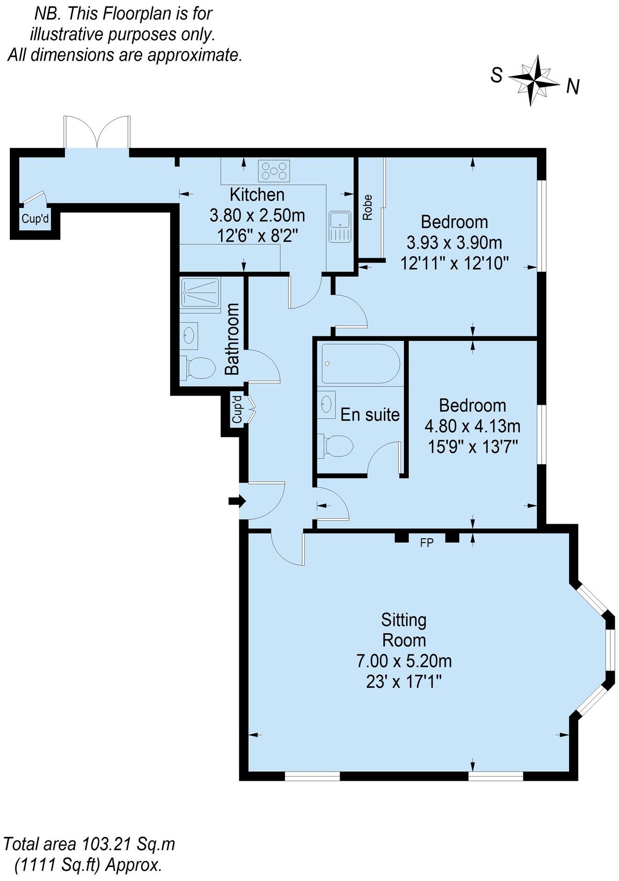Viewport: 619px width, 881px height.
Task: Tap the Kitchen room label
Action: pyautogui.click(x=257, y=194)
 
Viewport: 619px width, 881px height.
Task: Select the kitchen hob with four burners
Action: pyautogui.click(x=274, y=170)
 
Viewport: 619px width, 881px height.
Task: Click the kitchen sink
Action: pyautogui.click(x=339, y=227)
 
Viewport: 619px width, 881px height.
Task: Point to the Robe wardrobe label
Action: pyautogui.click(x=368, y=207)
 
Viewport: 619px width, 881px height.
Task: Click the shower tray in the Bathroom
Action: pyautogui.click(x=200, y=292)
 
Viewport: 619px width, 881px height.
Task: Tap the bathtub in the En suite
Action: pyautogui.click(x=359, y=363)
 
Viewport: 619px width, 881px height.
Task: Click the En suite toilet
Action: pyautogui.click(x=335, y=446)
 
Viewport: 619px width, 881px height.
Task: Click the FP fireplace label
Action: pyautogui.click(x=427, y=542)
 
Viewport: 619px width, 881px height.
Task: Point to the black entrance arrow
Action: pyautogui.click(x=237, y=501)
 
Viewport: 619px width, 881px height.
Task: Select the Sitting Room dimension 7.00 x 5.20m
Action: pyautogui.click(x=404, y=661)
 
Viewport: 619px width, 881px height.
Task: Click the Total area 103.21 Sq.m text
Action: pyautogui.click(x=89, y=844)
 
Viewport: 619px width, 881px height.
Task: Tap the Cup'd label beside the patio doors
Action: pyautogui.click(x=35, y=219)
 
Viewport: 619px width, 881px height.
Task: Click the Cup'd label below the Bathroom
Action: pyautogui.click(x=237, y=409)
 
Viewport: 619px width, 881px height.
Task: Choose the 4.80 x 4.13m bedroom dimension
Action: pyautogui.click(x=473, y=426)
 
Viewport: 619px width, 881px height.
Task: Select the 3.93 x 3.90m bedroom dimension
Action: pyautogui.click(x=454, y=243)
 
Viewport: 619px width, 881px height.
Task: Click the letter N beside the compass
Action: pyautogui.click(x=573, y=86)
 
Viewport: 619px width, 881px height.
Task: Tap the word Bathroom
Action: pyautogui.click(x=232, y=339)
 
